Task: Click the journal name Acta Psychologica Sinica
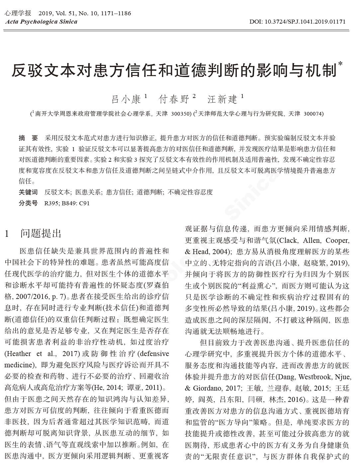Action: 41,22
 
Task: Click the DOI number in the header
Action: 297,22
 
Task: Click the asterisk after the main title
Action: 340,63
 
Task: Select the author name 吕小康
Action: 126,99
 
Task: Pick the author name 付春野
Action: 174,99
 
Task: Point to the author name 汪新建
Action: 222,99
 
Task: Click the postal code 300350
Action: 181,114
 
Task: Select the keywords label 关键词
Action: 28,192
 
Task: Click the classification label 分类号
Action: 28,203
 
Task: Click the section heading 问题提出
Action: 41,233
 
